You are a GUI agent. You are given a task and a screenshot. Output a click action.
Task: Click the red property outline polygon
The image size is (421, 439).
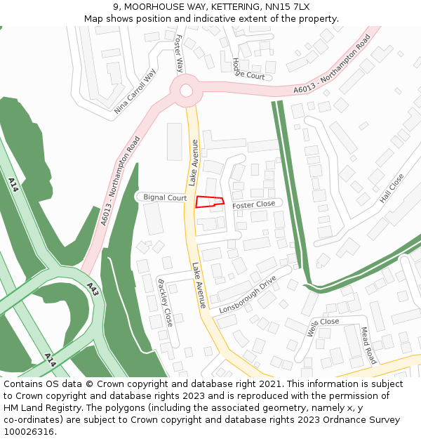click(209, 202)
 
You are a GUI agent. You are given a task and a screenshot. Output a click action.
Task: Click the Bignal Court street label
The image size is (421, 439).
click(165, 198)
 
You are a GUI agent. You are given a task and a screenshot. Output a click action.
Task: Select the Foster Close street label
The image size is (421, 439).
click(254, 204)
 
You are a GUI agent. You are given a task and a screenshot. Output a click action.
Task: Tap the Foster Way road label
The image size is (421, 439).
click(179, 53)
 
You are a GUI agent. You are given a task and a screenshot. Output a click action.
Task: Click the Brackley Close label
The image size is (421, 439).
click(166, 303)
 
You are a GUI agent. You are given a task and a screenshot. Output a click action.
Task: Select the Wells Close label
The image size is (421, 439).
click(323, 327)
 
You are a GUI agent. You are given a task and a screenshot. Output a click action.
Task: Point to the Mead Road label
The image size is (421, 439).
click(369, 345)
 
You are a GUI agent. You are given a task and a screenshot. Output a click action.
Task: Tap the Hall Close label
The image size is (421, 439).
click(392, 188)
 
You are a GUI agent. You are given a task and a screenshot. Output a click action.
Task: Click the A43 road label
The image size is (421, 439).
click(93, 289)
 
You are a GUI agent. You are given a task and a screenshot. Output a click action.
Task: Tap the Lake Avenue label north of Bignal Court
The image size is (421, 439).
click(193, 162)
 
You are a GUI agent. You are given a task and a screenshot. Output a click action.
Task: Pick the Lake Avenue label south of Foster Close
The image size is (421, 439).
click(199, 285)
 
